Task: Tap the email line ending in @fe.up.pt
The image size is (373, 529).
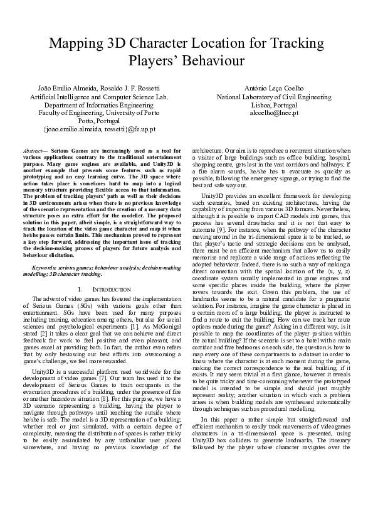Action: pos(99,129)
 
